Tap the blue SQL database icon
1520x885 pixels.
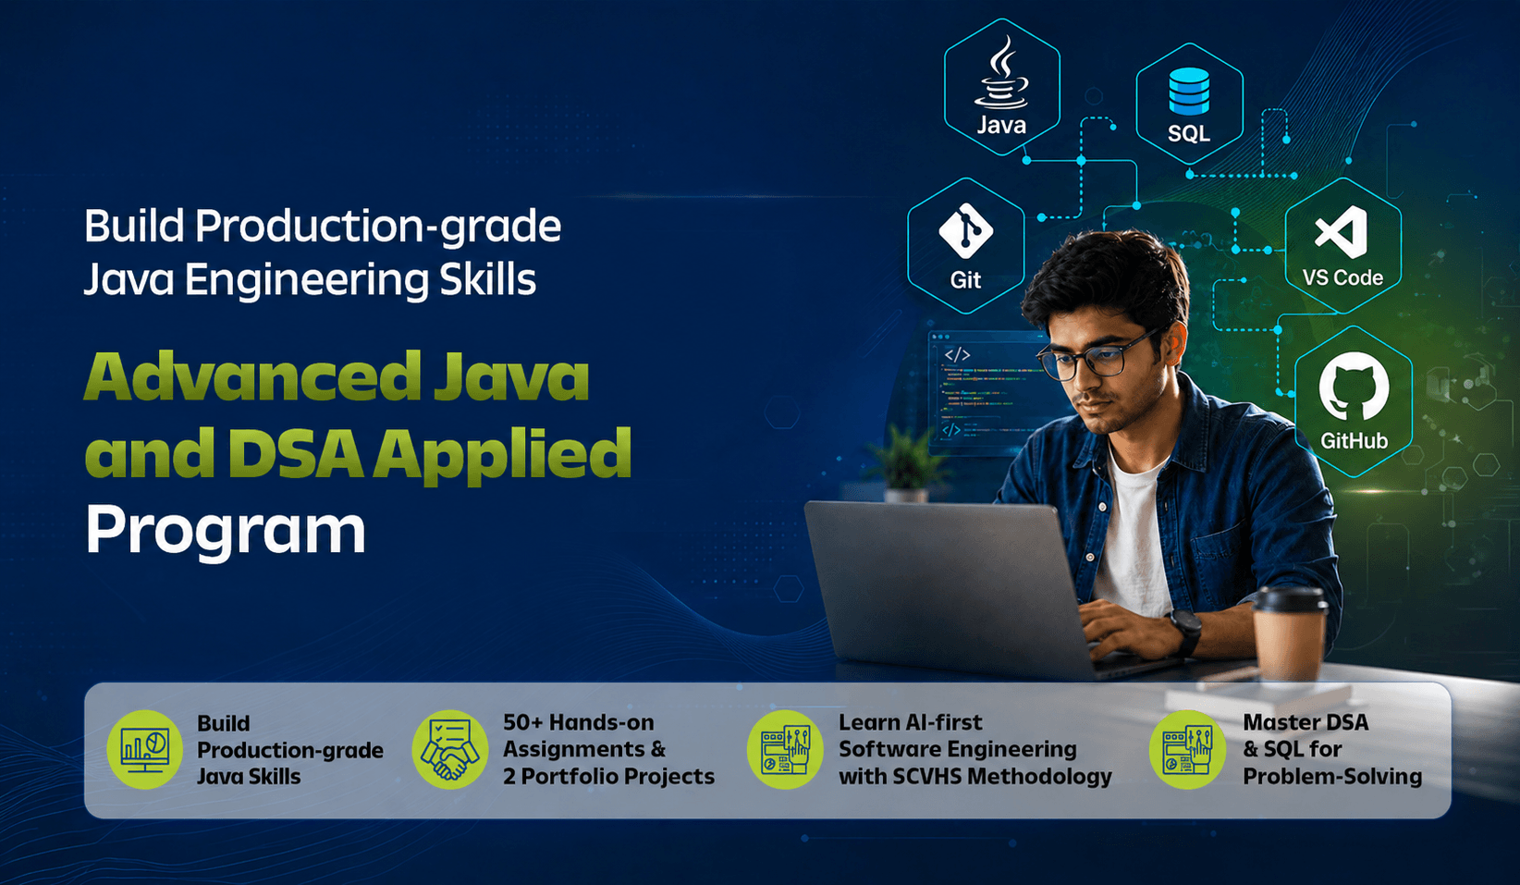pyautogui.click(x=1189, y=91)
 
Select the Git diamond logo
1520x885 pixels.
pyautogui.click(x=965, y=231)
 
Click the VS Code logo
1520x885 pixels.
pyautogui.click(x=1342, y=232)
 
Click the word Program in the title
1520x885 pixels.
pyautogui.click(x=226, y=532)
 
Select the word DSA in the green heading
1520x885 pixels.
pyautogui.click(x=295, y=453)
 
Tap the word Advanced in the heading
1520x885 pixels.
pyautogui.click(x=252, y=375)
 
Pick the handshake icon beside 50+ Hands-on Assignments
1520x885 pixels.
pyautogui.click(x=450, y=749)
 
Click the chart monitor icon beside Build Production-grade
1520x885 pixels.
pyautogui.click(x=144, y=749)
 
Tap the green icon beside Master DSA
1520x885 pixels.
pyautogui.click(x=1187, y=749)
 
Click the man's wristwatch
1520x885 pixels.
pyautogui.click(x=1184, y=632)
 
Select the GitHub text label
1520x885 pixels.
pyautogui.click(x=1354, y=441)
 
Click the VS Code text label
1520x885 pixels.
pyautogui.click(x=1342, y=277)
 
